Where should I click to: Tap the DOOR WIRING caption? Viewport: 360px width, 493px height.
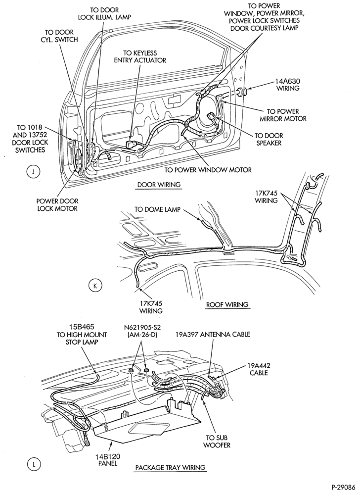tap(159, 185)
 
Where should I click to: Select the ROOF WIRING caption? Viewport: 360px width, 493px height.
tap(227, 304)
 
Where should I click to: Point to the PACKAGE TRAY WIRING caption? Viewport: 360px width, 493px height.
tap(170, 467)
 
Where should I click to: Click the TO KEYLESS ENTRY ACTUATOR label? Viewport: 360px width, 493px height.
tap(140, 56)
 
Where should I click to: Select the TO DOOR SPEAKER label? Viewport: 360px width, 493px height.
tap(269, 139)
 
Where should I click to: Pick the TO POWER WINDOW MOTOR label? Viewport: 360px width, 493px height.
tap(208, 170)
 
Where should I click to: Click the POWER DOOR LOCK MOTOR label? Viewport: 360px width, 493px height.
tap(57, 205)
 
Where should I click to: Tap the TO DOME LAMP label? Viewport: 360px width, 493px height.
tap(157, 209)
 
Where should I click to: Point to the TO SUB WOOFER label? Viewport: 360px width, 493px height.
tap(217, 441)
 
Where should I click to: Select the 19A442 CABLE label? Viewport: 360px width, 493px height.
tap(259, 369)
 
